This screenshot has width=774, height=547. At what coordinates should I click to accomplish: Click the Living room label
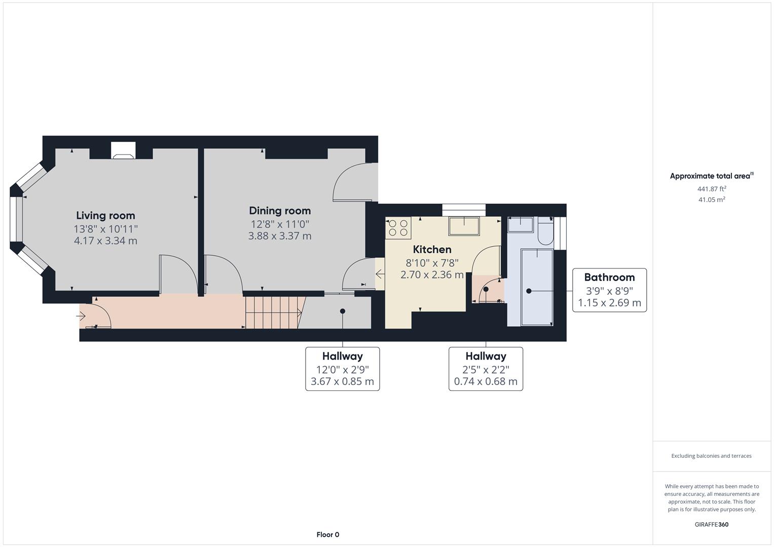point(105,216)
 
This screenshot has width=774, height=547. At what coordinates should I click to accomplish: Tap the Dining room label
point(280,211)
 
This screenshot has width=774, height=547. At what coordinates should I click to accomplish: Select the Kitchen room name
point(432,249)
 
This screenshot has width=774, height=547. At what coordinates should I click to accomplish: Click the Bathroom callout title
point(609,277)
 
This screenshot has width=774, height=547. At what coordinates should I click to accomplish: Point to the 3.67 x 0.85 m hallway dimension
point(342,381)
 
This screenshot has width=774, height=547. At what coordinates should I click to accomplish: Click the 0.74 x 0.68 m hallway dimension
point(486,381)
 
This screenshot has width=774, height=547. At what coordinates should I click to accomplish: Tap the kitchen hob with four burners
point(398,228)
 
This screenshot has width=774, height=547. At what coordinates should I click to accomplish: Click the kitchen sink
point(464,226)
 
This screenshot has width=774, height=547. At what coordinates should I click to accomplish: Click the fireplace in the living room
point(123,150)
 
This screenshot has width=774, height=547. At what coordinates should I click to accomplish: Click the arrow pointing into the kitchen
point(380,274)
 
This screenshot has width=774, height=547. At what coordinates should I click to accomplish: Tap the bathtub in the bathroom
point(536,287)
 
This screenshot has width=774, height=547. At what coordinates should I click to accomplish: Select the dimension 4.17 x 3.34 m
point(105,241)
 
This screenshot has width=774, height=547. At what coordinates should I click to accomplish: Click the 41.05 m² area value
point(712,200)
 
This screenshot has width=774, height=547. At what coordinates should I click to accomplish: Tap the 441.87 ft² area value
point(712,189)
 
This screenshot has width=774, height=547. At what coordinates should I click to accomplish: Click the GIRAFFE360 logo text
point(711,524)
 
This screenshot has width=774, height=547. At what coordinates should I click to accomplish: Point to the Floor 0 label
point(327,534)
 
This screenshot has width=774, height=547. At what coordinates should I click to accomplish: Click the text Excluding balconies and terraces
point(711,456)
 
